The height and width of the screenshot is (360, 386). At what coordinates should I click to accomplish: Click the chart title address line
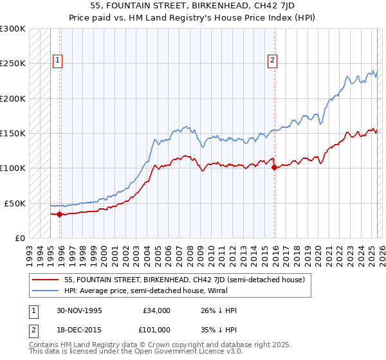tap(192, 5)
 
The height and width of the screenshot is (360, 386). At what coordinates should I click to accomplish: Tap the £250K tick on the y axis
tap(13, 64)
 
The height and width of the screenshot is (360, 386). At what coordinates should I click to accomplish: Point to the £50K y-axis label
tap(15, 203)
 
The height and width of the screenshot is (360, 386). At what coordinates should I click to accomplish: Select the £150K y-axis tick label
tap(13, 133)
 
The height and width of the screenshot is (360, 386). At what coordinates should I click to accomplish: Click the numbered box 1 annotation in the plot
tap(58, 60)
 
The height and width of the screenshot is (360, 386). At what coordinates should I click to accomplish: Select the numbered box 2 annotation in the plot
tap(272, 60)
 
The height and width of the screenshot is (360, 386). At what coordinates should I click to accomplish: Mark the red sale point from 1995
tap(60, 214)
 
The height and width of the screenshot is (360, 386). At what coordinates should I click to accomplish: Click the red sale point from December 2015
tap(275, 167)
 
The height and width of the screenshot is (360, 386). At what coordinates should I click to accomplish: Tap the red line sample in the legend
tap(46, 280)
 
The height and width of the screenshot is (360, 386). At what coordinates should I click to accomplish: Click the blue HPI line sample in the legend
tap(46, 291)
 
